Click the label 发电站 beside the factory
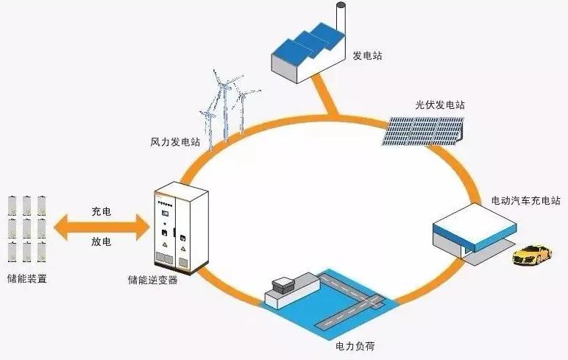click(x=367, y=56)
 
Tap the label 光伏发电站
click(x=440, y=105)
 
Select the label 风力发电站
click(x=171, y=140)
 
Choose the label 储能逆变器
click(x=152, y=280)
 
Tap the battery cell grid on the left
click(x=26, y=228)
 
